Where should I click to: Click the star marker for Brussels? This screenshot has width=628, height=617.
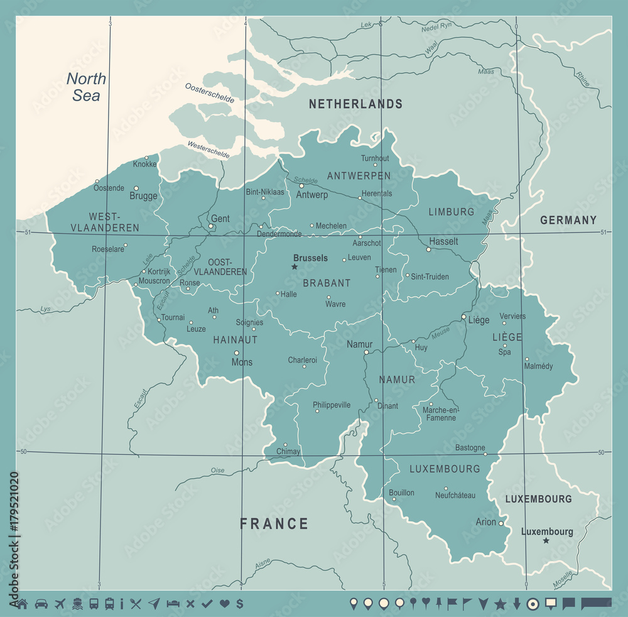(294, 267)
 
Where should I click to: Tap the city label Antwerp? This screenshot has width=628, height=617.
(312, 195)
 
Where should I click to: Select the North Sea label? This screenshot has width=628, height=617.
(86, 87)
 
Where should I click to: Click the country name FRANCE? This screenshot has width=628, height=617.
(274, 524)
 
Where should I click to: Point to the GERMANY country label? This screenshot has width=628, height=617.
(568, 220)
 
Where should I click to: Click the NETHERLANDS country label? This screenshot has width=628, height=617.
(355, 104)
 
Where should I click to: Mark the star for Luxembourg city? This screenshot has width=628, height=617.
(546, 541)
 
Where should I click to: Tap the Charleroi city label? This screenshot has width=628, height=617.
(302, 360)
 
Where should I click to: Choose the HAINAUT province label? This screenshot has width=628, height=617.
(235, 339)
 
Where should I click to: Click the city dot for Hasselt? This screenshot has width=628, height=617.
(429, 249)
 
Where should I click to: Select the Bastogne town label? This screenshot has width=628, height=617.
(470, 448)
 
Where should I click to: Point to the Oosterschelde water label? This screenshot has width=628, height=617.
(210, 93)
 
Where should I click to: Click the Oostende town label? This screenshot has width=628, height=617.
(109, 188)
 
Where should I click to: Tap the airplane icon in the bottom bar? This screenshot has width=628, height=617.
(61, 604)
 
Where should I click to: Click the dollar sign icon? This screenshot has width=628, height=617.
(240, 604)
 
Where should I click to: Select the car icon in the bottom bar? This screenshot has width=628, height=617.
(41, 604)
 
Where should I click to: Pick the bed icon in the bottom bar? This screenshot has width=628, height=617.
(173, 604)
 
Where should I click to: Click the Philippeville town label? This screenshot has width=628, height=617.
(332, 405)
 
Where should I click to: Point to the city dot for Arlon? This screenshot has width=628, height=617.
(501, 523)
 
